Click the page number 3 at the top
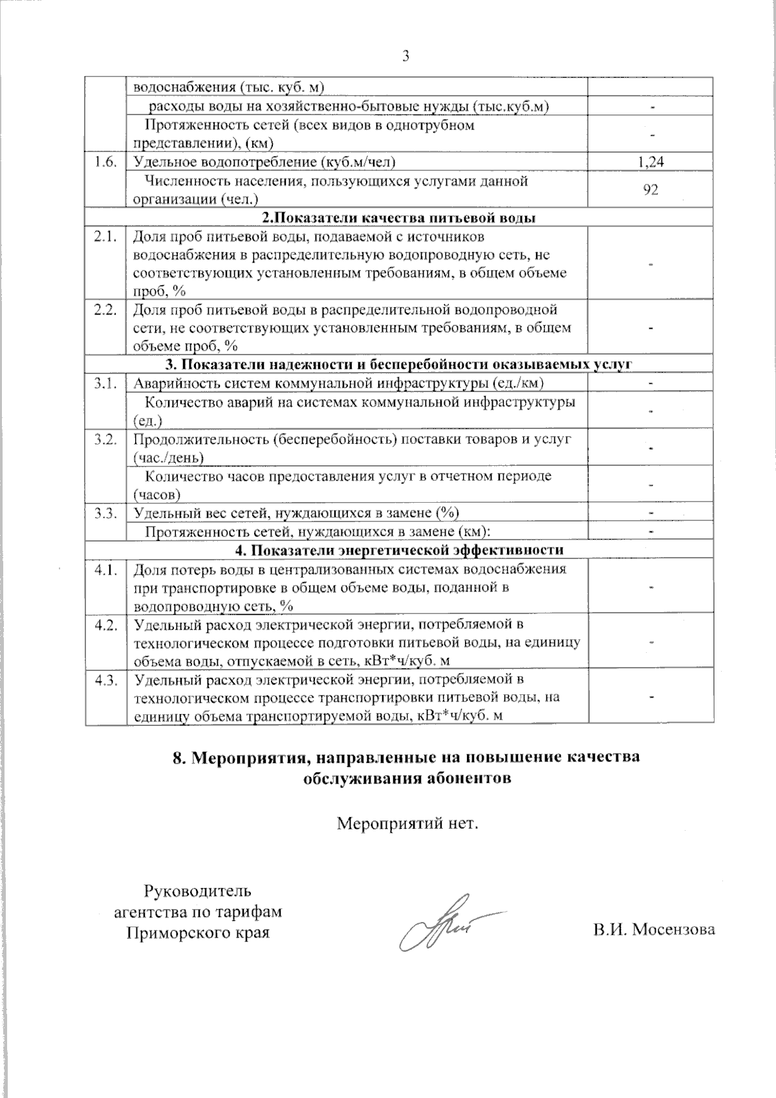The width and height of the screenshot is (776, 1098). click(406, 56)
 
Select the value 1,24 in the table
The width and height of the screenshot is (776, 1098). click(651, 162)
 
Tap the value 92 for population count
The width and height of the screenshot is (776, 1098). click(651, 190)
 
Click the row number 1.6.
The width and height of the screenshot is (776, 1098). click(104, 162)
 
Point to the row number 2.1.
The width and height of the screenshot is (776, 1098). click(104, 237)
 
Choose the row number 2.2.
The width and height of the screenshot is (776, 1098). click(104, 309)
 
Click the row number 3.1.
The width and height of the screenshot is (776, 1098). click(104, 384)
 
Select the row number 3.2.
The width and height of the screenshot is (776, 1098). click(104, 439)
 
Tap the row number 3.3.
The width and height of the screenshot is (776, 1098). click(104, 513)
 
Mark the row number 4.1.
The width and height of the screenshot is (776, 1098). click(104, 569)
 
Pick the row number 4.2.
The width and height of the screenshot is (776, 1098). click(104, 624)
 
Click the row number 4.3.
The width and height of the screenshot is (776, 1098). click(104, 679)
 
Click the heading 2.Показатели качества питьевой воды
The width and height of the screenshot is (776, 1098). click(398, 217)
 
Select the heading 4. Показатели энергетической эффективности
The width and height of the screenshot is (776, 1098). click(399, 550)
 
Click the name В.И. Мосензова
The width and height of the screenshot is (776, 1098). click(654, 930)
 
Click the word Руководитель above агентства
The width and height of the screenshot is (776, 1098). click(197, 891)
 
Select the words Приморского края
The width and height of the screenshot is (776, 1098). click(197, 932)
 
